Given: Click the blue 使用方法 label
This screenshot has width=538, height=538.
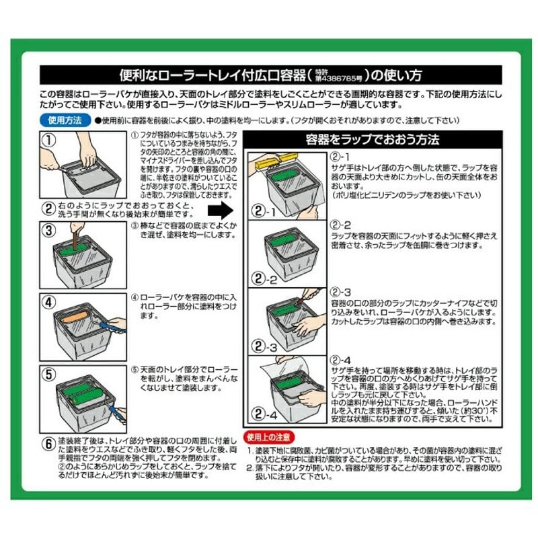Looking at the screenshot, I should click(x=65, y=121).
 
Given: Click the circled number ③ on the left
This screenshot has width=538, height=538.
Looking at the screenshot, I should click(x=49, y=231).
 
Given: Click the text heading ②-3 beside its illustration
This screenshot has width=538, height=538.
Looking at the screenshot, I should click(x=341, y=293).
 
